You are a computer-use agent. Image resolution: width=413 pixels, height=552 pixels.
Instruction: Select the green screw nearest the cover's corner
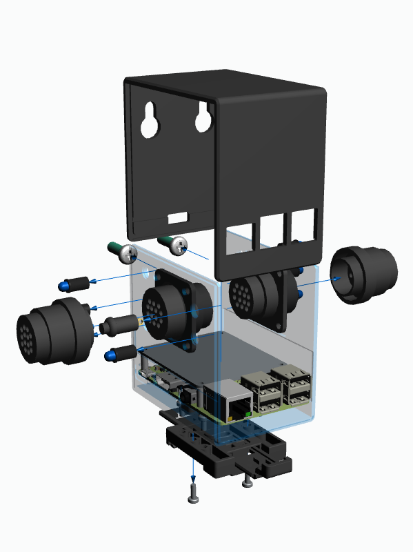pos(174,242)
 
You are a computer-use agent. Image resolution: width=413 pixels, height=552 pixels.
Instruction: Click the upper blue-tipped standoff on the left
pos(74,283)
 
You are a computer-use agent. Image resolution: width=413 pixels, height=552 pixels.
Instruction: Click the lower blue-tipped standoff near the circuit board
pos(121,353)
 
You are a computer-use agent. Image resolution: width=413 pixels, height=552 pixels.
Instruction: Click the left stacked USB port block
pos(260,393)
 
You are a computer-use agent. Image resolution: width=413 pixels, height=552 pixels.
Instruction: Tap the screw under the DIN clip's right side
pos(248,482)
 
